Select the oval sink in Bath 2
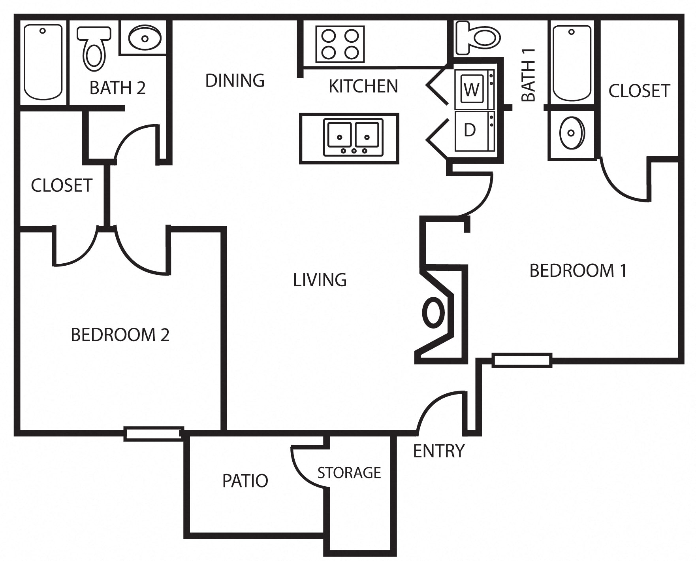tap(145, 38)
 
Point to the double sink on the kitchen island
tap(353, 137)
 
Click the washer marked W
tap(474, 89)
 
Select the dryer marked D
tap(474, 130)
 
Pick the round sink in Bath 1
tap(571, 133)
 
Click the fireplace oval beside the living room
tap(434, 312)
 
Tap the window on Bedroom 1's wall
tap(521, 360)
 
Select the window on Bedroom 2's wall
tap(153, 433)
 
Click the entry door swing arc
tap(438, 407)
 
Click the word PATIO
tap(245, 481)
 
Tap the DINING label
tap(235, 81)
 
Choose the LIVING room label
tap(320, 280)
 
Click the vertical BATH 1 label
tap(529, 75)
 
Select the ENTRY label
tap(438, 451)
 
